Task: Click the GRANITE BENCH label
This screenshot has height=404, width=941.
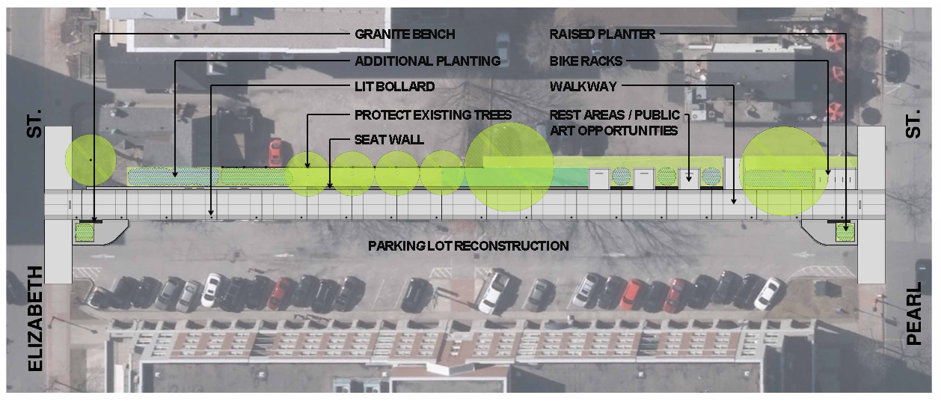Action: tap(405, 34)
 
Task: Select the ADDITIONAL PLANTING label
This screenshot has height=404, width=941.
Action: tap(428, 61)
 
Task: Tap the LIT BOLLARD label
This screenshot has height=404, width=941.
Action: tap(394, 87)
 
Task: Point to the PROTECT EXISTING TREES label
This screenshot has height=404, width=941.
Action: tap(433, 114)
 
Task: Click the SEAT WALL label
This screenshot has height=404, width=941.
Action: tap(389, 139)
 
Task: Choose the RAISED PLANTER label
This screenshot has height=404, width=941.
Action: tap(602, 34)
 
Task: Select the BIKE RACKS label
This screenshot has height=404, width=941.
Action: tap(586, 61)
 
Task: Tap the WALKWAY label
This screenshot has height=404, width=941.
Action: tap(583, 87)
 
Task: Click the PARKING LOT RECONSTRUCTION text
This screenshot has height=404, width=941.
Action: tap(468, 245)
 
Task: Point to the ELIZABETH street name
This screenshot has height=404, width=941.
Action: tap(35, 318)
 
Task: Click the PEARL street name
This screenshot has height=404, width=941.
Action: tap(913, 313)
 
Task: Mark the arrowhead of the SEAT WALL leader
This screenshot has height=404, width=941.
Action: tap(330, 186)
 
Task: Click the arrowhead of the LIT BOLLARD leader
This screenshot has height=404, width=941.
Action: tap(211, 212)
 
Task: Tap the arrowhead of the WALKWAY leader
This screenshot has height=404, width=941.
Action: tap(734, 201)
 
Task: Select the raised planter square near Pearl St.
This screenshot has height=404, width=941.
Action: tap(845, 232)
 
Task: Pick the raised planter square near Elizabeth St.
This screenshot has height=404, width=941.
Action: tap(85, 232)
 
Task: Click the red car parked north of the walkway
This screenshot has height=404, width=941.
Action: tap(275, 152)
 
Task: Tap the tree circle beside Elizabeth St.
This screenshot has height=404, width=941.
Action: tap(91, 160)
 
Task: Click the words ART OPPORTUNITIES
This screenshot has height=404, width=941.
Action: tap(614, 131)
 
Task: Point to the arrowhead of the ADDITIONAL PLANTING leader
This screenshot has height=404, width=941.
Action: tap(175, 174)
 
